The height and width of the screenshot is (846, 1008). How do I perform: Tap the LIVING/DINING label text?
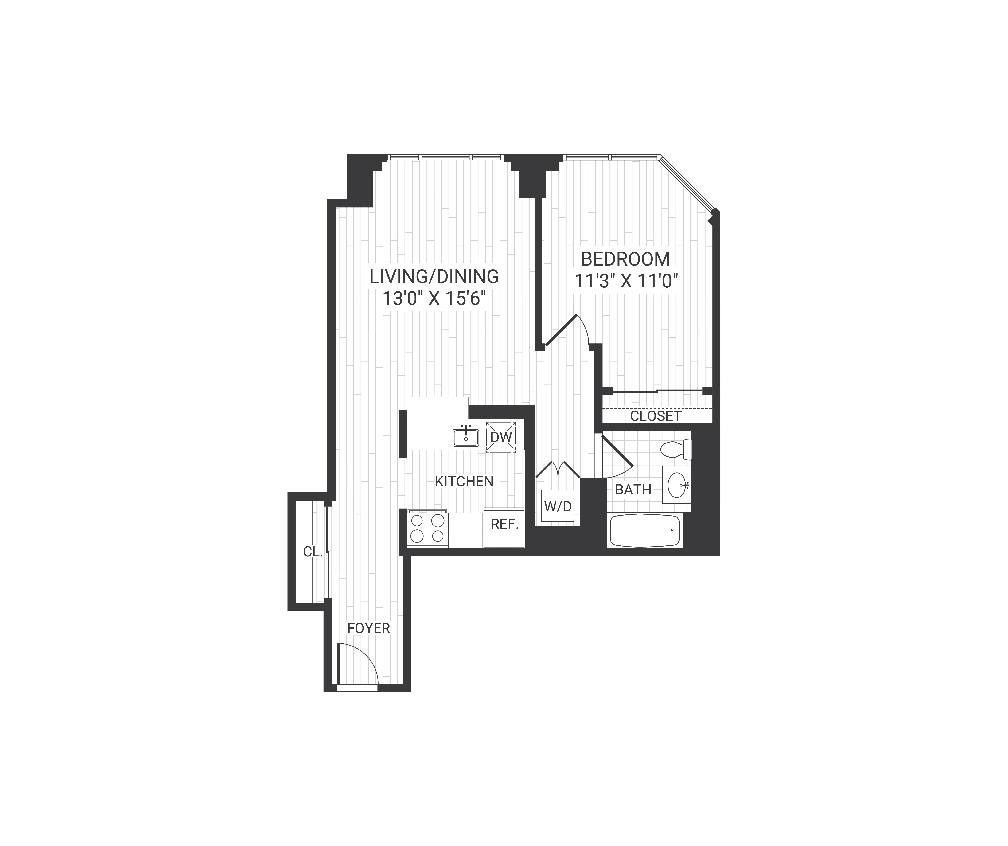click(x=434, y=277)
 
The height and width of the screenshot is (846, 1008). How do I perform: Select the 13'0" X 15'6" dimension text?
click(x=434, y=299)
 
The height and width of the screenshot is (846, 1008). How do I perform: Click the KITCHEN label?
click(x=464, y=481)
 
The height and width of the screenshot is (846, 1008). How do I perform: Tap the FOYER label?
click(x=368, y=628)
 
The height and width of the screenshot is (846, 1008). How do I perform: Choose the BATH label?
click(x=633, y=490)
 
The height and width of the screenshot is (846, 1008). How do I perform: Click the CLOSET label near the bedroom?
click(x=655, y=416)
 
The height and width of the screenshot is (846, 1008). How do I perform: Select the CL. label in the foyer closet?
click(x=313, y=552)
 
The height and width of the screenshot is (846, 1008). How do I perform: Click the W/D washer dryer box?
click(x=558, y=506)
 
